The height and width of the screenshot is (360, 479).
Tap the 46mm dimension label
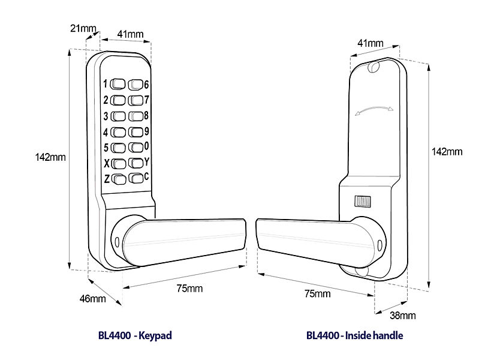coord(93,299)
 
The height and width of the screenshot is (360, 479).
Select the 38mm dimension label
coord(403,315)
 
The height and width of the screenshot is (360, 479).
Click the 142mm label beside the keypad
coord(50,157)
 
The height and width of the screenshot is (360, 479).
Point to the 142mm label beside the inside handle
coord(447,152)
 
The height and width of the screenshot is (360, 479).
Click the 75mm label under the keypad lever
coord(189,288)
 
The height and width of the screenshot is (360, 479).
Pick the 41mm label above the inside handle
coord(370,43)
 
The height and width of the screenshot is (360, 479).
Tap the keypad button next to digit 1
coord(118,84)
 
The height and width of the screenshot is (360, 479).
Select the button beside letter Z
coord(118,179)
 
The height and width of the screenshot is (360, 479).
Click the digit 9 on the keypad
coord(146,131)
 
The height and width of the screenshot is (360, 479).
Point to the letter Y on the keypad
coord(147,161)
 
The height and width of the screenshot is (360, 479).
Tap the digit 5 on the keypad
coord(106,147)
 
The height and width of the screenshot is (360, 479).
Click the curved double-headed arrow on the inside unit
coord(373,110)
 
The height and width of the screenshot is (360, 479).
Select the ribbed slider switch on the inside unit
coord(362,201)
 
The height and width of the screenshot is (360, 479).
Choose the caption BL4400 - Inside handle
coord(354,335)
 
